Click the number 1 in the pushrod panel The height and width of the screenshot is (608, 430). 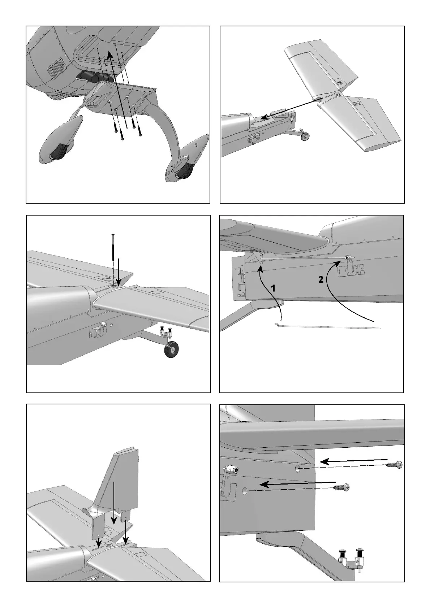[x=274, y=288]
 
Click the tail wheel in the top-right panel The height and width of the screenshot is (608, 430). [x=305, y=136]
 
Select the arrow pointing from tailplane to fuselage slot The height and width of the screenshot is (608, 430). [x=289, y=108]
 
